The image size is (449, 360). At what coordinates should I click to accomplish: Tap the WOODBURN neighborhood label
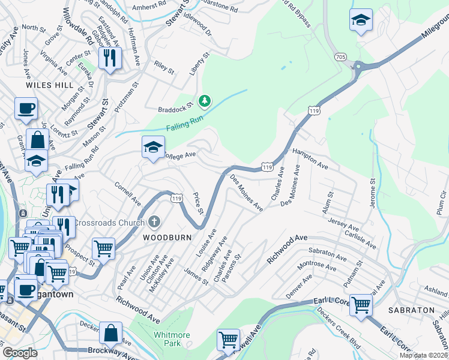[167, 238]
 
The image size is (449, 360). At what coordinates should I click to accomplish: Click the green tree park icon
[205, 101]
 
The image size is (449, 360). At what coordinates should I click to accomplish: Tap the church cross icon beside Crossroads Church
[154, 223]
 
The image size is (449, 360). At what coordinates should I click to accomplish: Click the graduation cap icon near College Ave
[153, 146]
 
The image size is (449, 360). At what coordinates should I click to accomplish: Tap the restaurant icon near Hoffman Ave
[109, 58]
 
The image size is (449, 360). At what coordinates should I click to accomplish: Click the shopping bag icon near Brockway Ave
[111, 332]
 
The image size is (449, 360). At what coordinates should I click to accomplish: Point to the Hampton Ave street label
[310, 158]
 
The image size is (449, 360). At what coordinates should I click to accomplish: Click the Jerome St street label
[373, 193]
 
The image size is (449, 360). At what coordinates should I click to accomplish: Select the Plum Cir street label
[442, 202]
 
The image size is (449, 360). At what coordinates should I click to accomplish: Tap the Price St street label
[197, 204]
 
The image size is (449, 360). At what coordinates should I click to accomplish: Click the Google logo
[20, 353]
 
